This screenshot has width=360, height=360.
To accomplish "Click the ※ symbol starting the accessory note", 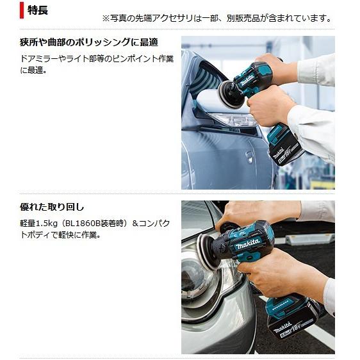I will tap(106, 18).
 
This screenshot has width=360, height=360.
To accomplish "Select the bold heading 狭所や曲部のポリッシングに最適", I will tap(88, 42).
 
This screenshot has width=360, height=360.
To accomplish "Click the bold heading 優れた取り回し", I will tap(52, 207).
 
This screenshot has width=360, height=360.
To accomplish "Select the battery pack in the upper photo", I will tap(286, 149).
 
